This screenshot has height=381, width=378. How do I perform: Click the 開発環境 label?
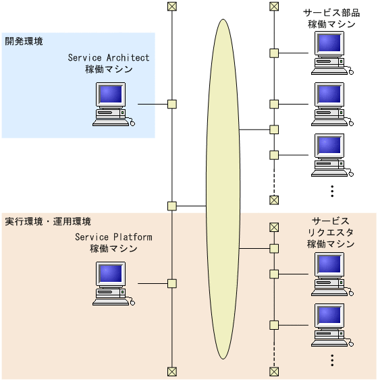point(24,42)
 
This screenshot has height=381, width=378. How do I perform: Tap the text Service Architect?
point(109,58)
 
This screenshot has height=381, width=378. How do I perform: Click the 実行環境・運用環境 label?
point(48,221)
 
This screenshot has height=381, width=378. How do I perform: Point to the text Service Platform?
point(113,237)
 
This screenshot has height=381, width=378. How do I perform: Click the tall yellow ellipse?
point(223,189)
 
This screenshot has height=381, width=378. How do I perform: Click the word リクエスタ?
point(331,233)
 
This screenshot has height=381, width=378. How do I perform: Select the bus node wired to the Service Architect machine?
point(172,104)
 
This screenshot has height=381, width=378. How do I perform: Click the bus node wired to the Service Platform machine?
point(172,283)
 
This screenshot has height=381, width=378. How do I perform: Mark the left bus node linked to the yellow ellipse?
point(172,205)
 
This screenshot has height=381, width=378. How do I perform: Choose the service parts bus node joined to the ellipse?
point(274,129)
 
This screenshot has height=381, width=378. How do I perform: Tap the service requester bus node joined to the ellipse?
point(274,248)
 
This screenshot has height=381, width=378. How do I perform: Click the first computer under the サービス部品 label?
point(331,53)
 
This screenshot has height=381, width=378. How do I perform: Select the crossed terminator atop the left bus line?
point(172,7)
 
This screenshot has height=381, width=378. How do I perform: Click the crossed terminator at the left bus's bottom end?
point(172,371)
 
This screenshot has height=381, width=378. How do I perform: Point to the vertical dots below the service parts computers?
point(332,191)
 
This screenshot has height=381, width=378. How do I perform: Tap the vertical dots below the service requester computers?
point(332,360)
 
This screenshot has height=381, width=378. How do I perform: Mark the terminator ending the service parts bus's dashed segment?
point(274,200)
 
